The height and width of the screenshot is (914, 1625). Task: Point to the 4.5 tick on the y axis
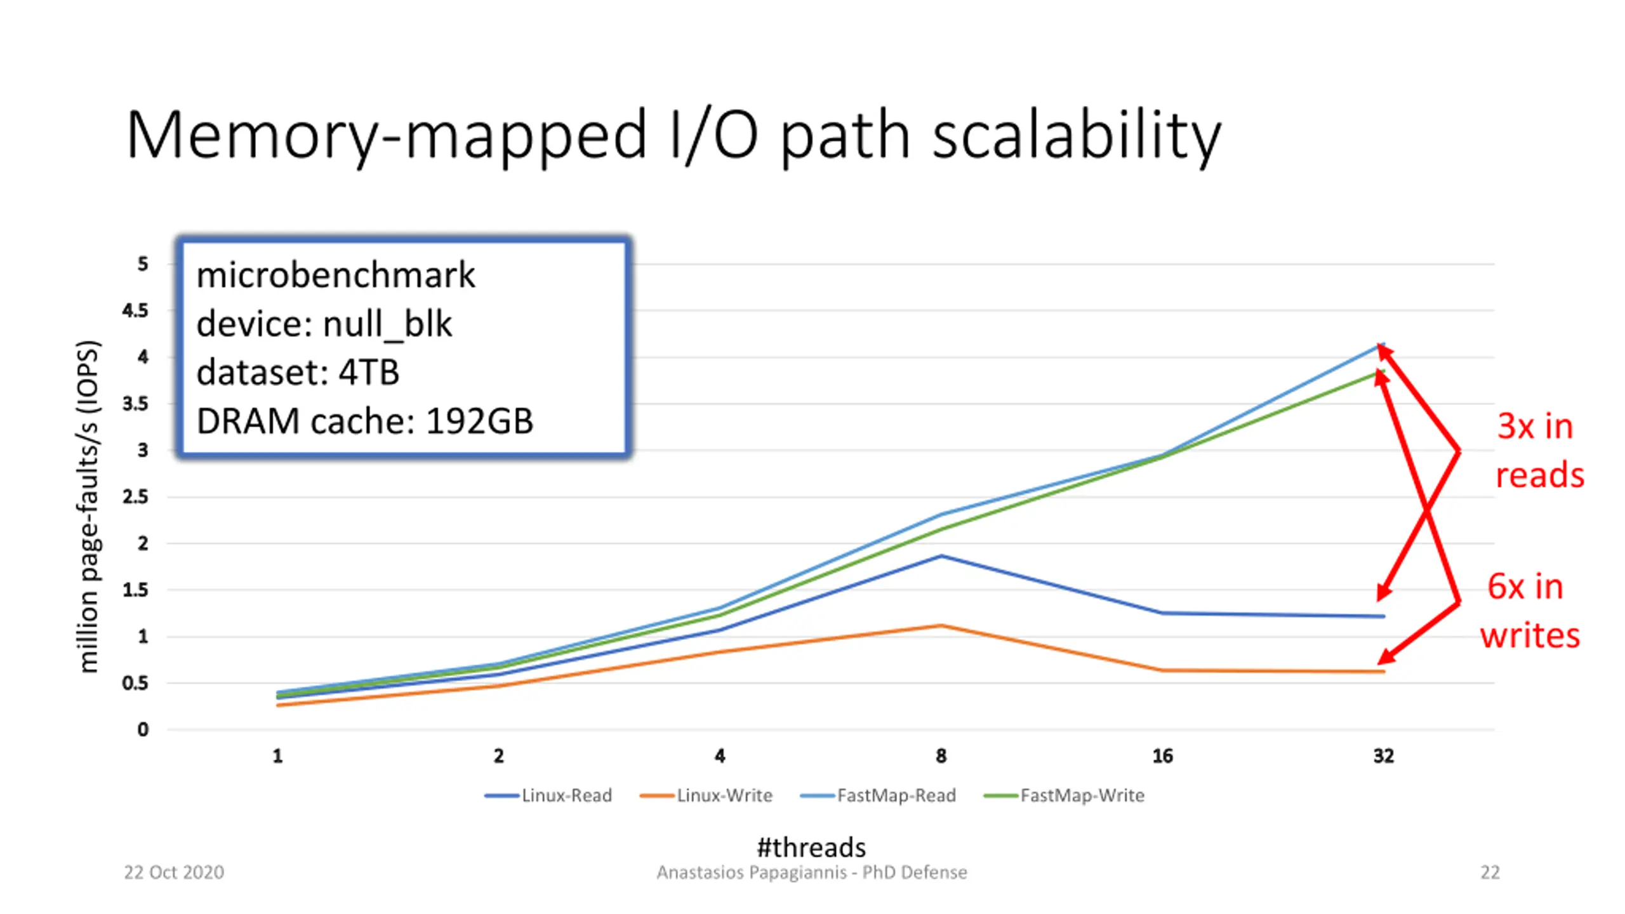135,311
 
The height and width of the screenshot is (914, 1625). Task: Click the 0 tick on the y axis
143,730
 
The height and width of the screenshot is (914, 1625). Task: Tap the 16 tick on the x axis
1162,756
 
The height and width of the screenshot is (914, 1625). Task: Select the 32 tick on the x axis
1384,756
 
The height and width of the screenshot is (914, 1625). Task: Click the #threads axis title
811,847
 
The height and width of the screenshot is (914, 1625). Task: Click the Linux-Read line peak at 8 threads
941,556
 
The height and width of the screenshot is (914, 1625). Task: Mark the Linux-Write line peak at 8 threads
941,626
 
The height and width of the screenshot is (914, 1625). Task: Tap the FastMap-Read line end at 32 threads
1383,345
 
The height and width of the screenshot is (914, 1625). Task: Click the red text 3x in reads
1539,451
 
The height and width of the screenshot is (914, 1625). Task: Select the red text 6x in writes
1530,611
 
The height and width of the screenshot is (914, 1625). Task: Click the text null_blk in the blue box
387,324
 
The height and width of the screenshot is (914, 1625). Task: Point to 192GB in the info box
479,421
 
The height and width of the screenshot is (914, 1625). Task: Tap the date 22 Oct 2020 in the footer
174,872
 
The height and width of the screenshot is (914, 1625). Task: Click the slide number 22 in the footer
1490,872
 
